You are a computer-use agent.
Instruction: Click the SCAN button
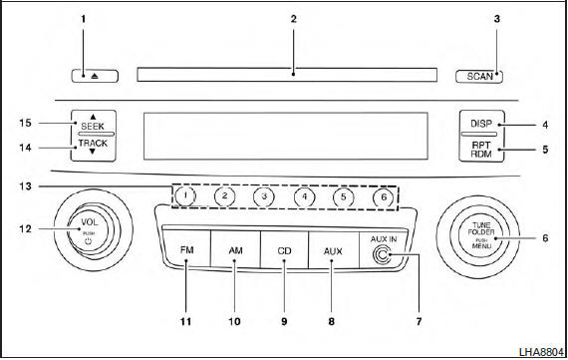(478, 75)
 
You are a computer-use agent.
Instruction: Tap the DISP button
(481, 125)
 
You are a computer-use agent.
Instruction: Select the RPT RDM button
(481, 151)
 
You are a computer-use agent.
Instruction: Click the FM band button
(186, 251)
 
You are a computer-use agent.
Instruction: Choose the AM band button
(236, 251)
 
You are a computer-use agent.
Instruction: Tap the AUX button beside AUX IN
(334, 251)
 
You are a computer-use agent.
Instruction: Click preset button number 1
(186, 196)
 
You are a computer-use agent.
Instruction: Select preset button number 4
(303, 196)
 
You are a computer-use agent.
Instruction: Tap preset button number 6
(381, 196)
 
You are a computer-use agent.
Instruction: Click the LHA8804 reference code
(539, 351)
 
